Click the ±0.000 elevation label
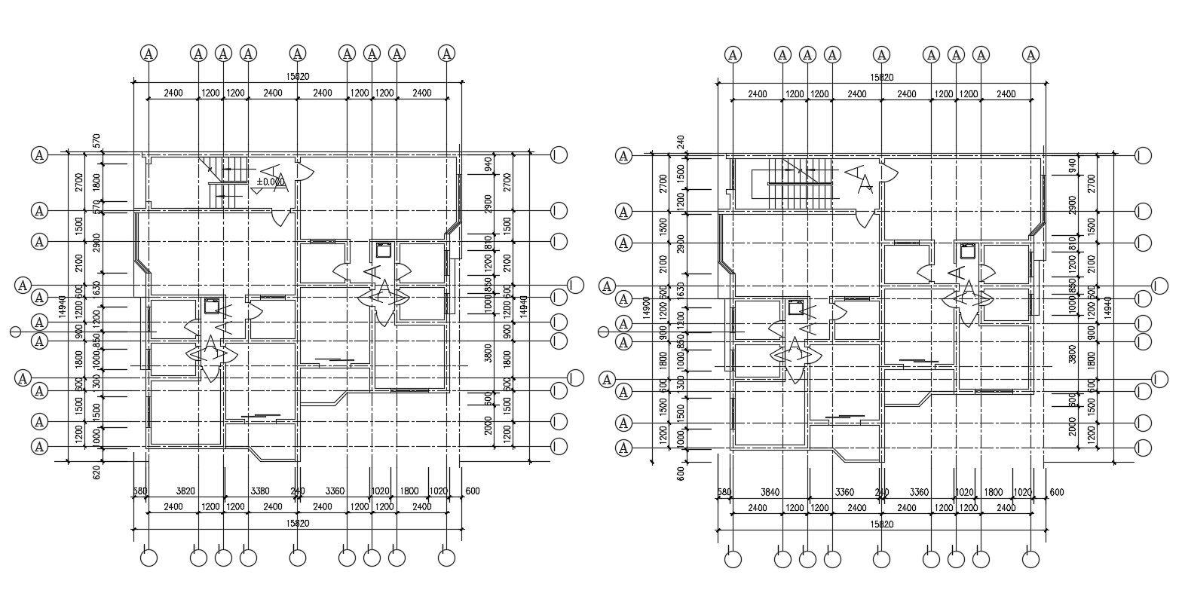click(x=271, y=182)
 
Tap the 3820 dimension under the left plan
click(x=185, y=491)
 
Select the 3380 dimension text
click(x=259, y=491)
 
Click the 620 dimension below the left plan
click(x=96, y=472)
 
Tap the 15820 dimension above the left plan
click(x=299, y=76)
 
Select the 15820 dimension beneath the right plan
click(x=882, y=524)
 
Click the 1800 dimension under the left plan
click(x=409, y=491)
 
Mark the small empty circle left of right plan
click(x=602, y=332)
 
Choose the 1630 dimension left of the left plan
click(x=96, y=288)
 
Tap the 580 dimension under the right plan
click(x=724, y=492)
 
